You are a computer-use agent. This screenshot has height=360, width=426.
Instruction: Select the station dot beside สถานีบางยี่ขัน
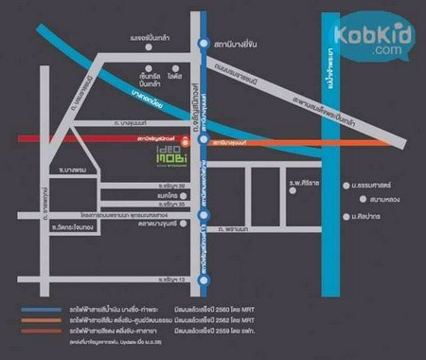click(204, 44)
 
